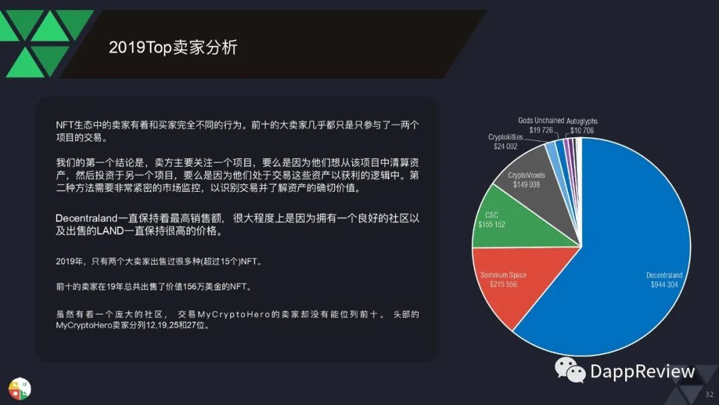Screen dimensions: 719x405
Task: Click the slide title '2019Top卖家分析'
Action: (173, 47)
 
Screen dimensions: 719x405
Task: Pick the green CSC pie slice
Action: (513, 220)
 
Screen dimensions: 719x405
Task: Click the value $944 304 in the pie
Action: (664, 285)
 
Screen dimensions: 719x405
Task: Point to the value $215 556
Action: (503, 284)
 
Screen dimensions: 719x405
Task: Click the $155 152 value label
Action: (491, 224)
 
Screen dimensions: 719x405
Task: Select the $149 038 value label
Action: (527, 185)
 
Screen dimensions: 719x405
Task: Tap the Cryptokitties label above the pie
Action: (505, 137)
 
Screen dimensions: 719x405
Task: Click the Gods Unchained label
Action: (541, 121)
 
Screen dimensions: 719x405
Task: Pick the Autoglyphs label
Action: (582, 121)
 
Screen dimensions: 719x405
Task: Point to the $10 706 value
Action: (582, 131)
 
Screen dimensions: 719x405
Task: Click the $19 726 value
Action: (541, 131)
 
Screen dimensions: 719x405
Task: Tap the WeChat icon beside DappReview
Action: (570, 370)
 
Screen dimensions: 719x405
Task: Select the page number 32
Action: (710, 394)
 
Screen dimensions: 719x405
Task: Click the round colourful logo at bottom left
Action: (19, 389)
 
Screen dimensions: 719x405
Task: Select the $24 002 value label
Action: (505, 147)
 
